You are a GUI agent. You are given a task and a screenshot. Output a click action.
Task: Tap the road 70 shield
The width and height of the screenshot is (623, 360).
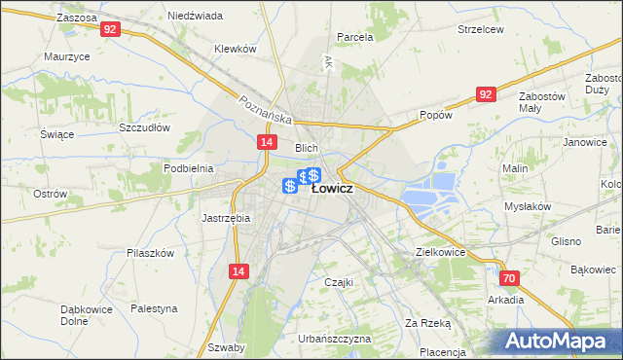pyautogui.click(x=510, y=278)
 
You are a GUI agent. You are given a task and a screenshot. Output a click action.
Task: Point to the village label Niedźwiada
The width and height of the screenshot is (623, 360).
pyautogui.click(x=195, y=17)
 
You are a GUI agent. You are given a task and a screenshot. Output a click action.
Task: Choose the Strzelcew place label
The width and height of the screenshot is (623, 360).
pyautogui.click(x=481, y=29)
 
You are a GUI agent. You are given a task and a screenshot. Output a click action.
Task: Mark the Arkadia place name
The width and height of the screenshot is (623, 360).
pyautogui.click(x=506, y=300)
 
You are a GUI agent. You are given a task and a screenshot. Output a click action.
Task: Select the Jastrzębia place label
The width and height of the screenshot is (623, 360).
pyautogui.click(x=226, y=218)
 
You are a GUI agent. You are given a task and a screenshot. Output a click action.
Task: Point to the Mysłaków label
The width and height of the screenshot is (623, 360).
pyautogui.click(x=528, y=206)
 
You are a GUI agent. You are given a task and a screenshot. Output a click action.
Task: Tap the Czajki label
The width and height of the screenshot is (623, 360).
pyautogui.click(x=338, y=282)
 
